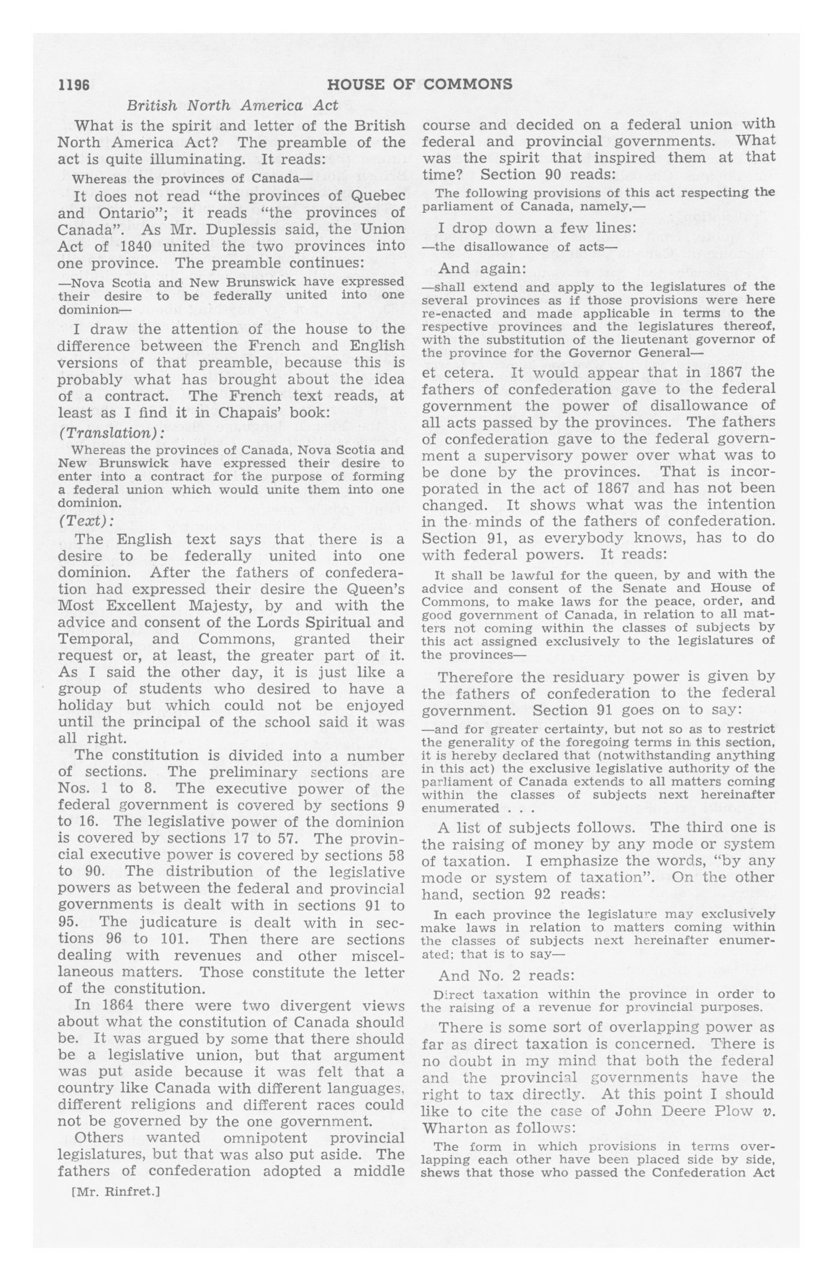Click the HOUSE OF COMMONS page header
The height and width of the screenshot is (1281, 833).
(x=419, y=85)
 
